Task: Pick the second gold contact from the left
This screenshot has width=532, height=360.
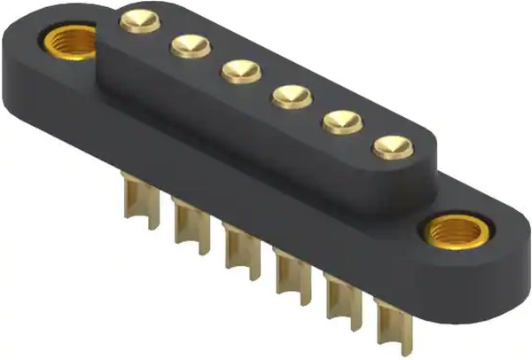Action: (x=190, y=44)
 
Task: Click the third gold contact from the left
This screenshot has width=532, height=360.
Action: (x=240, y=70)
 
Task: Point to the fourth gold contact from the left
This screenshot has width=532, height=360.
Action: (x=290, y=95)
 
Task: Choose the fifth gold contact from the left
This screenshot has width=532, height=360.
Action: (x=341, y=120)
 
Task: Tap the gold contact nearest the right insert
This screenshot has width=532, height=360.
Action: (x=392, y=145)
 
